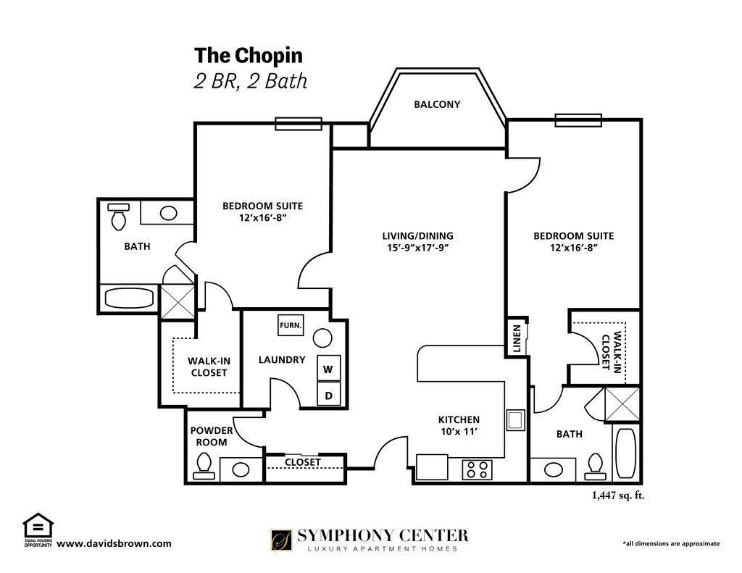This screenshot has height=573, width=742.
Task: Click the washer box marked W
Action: pos(328,368)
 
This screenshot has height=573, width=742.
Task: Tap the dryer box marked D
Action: pos(328,394)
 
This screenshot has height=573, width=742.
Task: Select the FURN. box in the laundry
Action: pos(291,325)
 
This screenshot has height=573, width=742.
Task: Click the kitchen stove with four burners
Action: pos(477,469)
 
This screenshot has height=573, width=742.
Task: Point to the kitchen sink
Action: pos(516,419)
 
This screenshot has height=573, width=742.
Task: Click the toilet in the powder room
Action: pos(204,466)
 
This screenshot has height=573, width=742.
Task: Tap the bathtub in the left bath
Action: pos(129,298)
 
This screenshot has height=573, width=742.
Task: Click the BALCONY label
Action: pos(437,104)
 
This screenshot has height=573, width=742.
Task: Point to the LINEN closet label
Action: pos(517,339)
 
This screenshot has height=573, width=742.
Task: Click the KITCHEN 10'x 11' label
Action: pos(459,425)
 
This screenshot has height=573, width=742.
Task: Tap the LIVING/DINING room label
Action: pos(417,241)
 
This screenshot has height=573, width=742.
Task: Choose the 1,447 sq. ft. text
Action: pos(618,495)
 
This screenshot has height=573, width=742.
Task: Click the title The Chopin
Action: pos(249,55)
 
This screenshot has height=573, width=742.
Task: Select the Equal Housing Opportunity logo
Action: pos(38,530)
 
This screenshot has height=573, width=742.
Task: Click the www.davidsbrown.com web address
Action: pos(114,543)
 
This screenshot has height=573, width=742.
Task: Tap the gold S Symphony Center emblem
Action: pos(281,540)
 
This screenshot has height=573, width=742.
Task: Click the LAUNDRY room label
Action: pos(282,359)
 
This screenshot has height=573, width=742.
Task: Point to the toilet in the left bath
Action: pos(118,217)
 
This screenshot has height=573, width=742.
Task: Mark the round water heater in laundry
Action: pos(322,338)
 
